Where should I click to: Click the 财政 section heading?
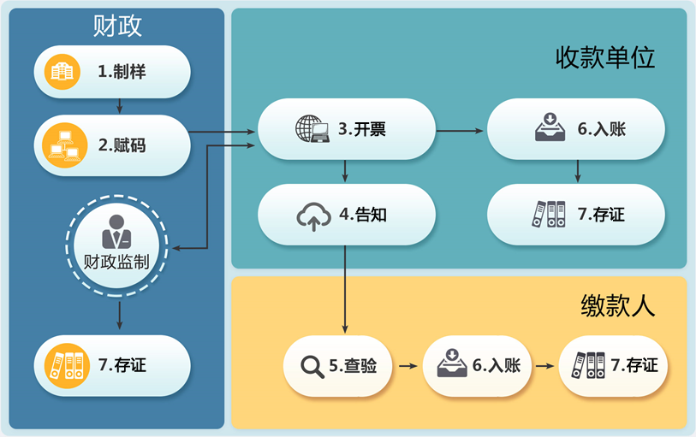click(117, 27)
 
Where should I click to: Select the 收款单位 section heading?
click(605, 58)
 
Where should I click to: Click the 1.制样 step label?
click(122, 72)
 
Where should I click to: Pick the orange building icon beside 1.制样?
click(62, 72)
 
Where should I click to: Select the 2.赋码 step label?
click(122, 145)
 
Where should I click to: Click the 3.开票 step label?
click(361, 130)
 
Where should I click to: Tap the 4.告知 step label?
click(363, 216)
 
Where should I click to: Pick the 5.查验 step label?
click(354, 366)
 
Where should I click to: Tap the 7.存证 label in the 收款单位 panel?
click(601, 215)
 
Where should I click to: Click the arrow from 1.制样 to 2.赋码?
click(120, 106)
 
